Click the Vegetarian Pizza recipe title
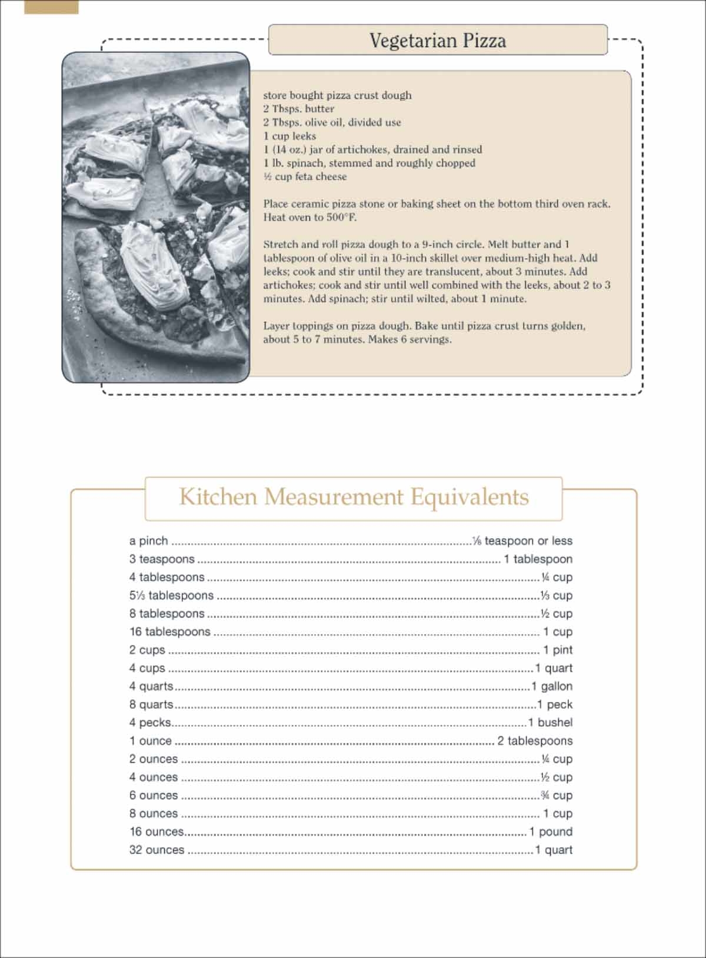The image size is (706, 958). click(x=438, y=41)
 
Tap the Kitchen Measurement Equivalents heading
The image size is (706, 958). click(x=354, y=497)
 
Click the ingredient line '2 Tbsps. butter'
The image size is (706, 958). click(x=298, y=109)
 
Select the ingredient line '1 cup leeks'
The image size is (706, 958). click(x=289, y=136)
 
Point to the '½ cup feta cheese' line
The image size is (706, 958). click(x=305, y=176)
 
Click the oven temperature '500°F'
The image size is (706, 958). click(x=341, y=217)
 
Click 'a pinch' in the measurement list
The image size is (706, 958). click(x=149, y=540)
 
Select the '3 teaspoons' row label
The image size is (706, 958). click(x=162, y=559)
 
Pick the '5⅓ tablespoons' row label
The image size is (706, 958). click(x=171, y=595)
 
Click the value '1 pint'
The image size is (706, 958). click(x=558, y=650)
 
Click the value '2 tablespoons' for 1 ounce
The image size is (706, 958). click(x=535, y=741)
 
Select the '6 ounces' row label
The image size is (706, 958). click(x=154, y=795)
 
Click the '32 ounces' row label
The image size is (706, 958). click(x=156, y=850)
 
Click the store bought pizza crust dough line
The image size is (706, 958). click(x=337, y=95)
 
